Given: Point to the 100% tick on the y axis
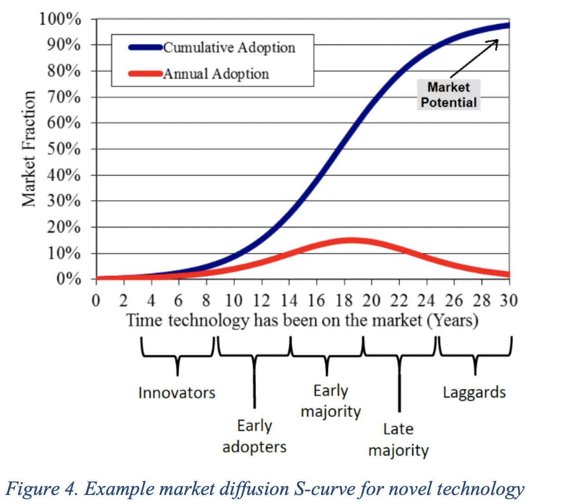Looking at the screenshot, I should coord(60,19).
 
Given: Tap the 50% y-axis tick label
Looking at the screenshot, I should coord(63,149).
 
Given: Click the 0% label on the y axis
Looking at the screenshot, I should coord(68,279).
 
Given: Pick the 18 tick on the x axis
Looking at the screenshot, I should coord(344,300).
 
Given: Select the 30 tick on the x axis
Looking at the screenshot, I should coord(509,300).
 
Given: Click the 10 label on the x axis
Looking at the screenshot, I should coord(234,300).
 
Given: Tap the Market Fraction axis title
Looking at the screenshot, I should coord(29,149).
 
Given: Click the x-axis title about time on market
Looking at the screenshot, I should coord(302,320).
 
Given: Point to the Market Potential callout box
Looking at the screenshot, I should coord(449,95).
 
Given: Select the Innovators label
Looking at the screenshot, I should coord(177,393).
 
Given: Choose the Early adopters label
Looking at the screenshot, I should coord(254,436).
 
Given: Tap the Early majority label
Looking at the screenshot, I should coord(331,401).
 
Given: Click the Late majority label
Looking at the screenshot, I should coord(398,440).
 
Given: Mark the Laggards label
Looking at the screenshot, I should coord(474,392).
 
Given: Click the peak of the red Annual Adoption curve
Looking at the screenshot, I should coord(351,240).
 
